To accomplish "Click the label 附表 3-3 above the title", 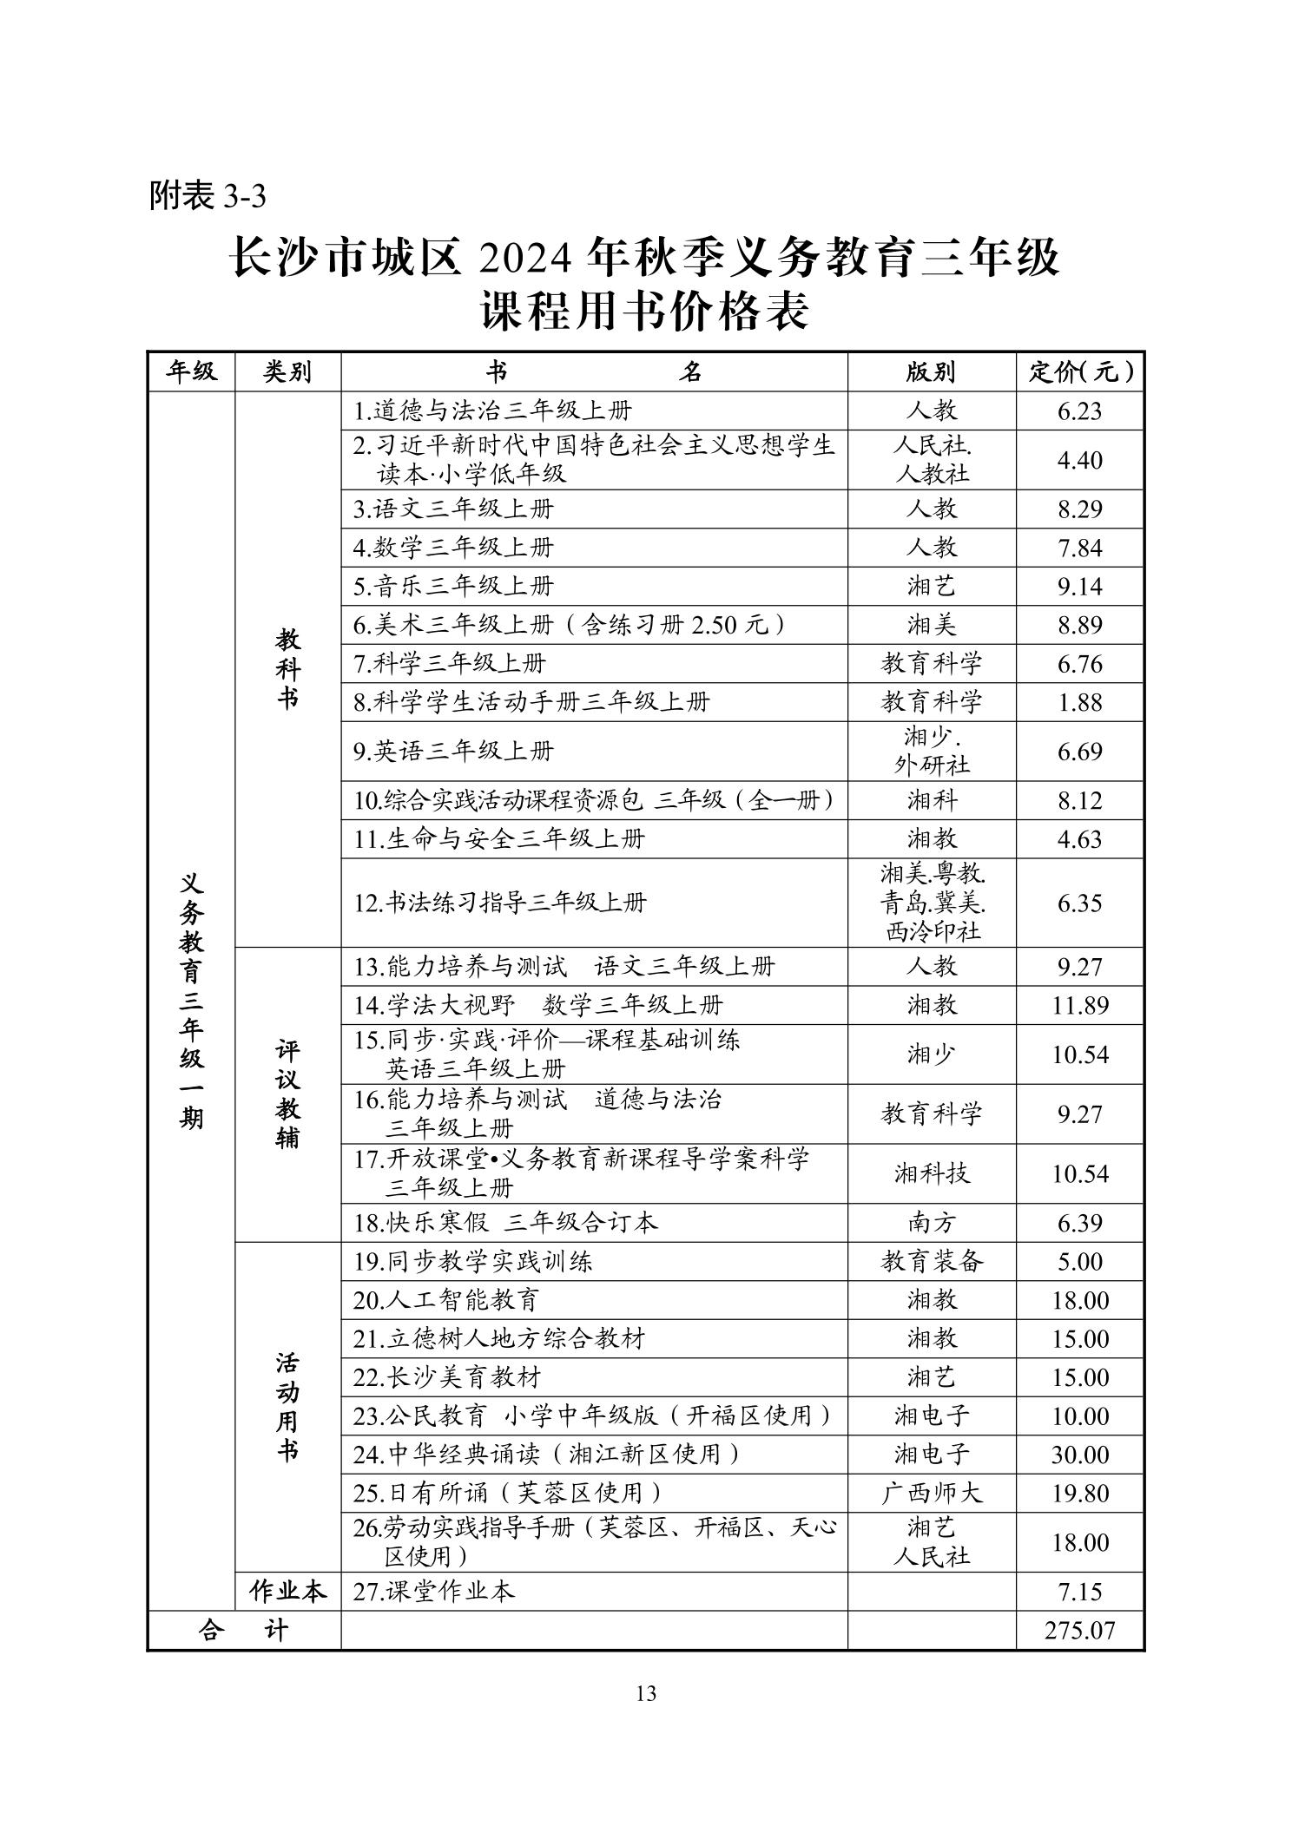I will pos(208,196).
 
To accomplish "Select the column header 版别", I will pos(931,372).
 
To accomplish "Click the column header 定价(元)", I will pos(1080,372).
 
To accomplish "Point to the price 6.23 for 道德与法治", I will pos(1079,411).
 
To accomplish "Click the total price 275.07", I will pos(1079,1630).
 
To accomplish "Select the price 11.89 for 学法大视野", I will pos(1080,1006).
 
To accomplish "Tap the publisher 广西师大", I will pos(932,1494).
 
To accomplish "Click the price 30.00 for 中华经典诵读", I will pos(1080,1455).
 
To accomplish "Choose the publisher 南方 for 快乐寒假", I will pos(932,1223).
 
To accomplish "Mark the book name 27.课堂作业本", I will pos(433,1591).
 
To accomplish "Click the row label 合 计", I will pos(243,1630).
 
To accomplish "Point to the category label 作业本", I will pos(287,1591).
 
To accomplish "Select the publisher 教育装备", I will pos(932,1262).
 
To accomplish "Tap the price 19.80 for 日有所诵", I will pos(1080,1494).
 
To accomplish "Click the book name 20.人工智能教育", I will pos(446,1300).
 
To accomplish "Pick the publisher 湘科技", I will pos(932,1174).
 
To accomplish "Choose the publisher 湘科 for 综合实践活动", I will pos(932,800).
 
